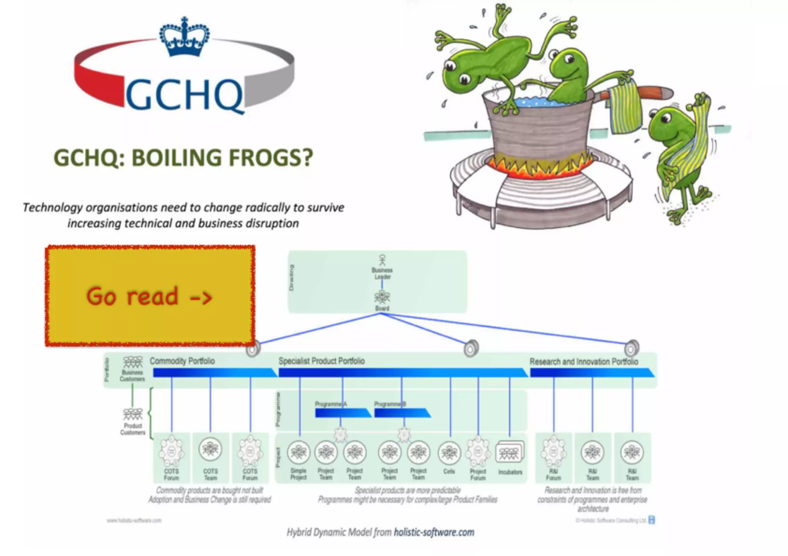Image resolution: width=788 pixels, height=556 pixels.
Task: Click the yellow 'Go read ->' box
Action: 150,296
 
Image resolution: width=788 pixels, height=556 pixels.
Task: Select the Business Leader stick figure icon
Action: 382,260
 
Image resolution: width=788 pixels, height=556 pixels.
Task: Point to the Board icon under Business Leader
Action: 382,297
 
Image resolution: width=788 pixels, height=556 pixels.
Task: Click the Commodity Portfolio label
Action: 182,361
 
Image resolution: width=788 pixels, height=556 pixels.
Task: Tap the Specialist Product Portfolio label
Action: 321,361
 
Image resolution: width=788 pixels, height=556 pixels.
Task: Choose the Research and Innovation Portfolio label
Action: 584,362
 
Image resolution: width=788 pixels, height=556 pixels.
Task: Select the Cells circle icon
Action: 449,453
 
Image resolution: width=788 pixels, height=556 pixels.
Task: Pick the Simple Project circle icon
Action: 299,452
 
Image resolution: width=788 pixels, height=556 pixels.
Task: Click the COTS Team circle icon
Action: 210,448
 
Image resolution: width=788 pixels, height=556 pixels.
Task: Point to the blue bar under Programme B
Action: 402,413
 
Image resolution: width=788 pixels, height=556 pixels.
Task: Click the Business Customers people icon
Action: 132,362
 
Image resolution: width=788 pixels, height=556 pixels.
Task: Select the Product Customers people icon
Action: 132,414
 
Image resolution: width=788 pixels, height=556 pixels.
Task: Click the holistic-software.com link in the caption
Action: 434,532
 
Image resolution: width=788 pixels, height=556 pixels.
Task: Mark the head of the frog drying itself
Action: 669,125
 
